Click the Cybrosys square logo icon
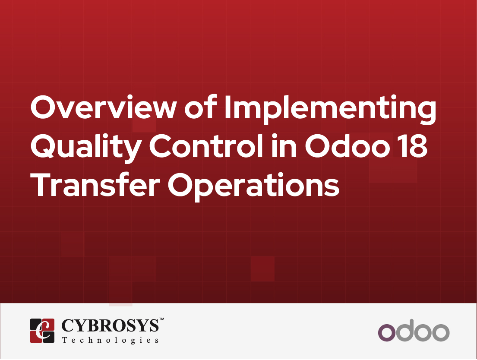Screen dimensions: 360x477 click(42, 330)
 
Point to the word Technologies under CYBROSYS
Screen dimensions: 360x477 click(111, 340)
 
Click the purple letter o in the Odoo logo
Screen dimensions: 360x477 click(386, 332)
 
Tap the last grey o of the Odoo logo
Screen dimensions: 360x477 click(440, 332)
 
